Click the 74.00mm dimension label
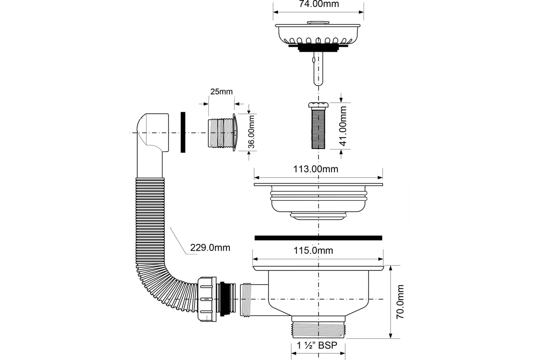tap(319, 4)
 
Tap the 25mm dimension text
tap(221, 92)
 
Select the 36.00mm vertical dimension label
tap(251, 132)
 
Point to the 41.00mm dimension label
tap(343, 126)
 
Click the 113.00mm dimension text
tap(315, 169)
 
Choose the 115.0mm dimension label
tap(313, 251)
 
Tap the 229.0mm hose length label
tap(210, 247)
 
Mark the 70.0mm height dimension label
tap(400, 301)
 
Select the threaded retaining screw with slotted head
tap(318, 126)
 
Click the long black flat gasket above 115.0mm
tap(318, 238)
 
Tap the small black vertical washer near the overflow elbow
tap(183, 132)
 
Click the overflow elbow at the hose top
tap(153, 133)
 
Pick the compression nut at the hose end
tap(207, 299)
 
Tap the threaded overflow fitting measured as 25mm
tap(222, 132)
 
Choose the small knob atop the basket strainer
tap(318, 23)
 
